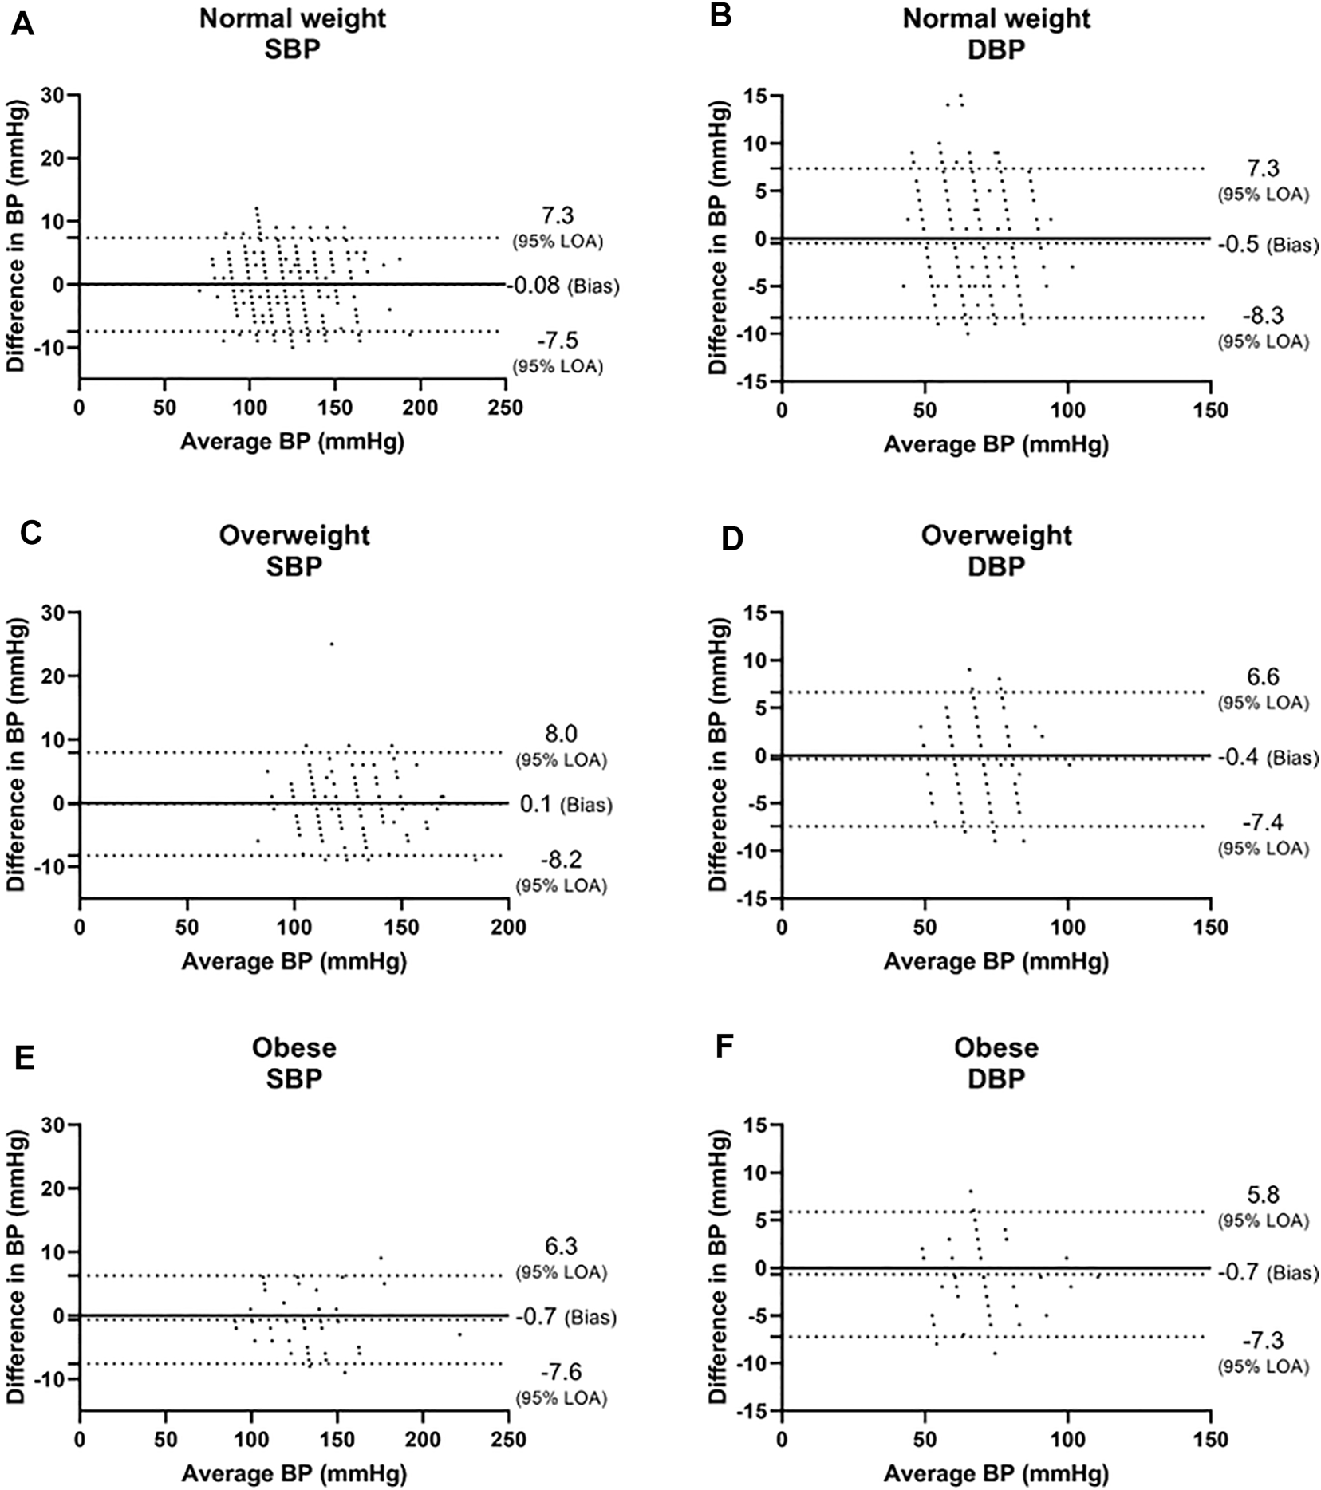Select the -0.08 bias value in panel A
[534, 285]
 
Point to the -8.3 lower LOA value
[1262, 316]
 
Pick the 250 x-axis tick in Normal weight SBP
[505, 408]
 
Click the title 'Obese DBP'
[996, 1062]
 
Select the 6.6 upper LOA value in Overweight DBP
[1262, 676]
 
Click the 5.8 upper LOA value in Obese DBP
[1262, 1194]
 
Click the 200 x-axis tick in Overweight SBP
[509, 927]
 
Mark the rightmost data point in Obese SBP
[459, 1334]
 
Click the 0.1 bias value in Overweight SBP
[536, 805]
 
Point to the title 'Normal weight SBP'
[293, 33]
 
